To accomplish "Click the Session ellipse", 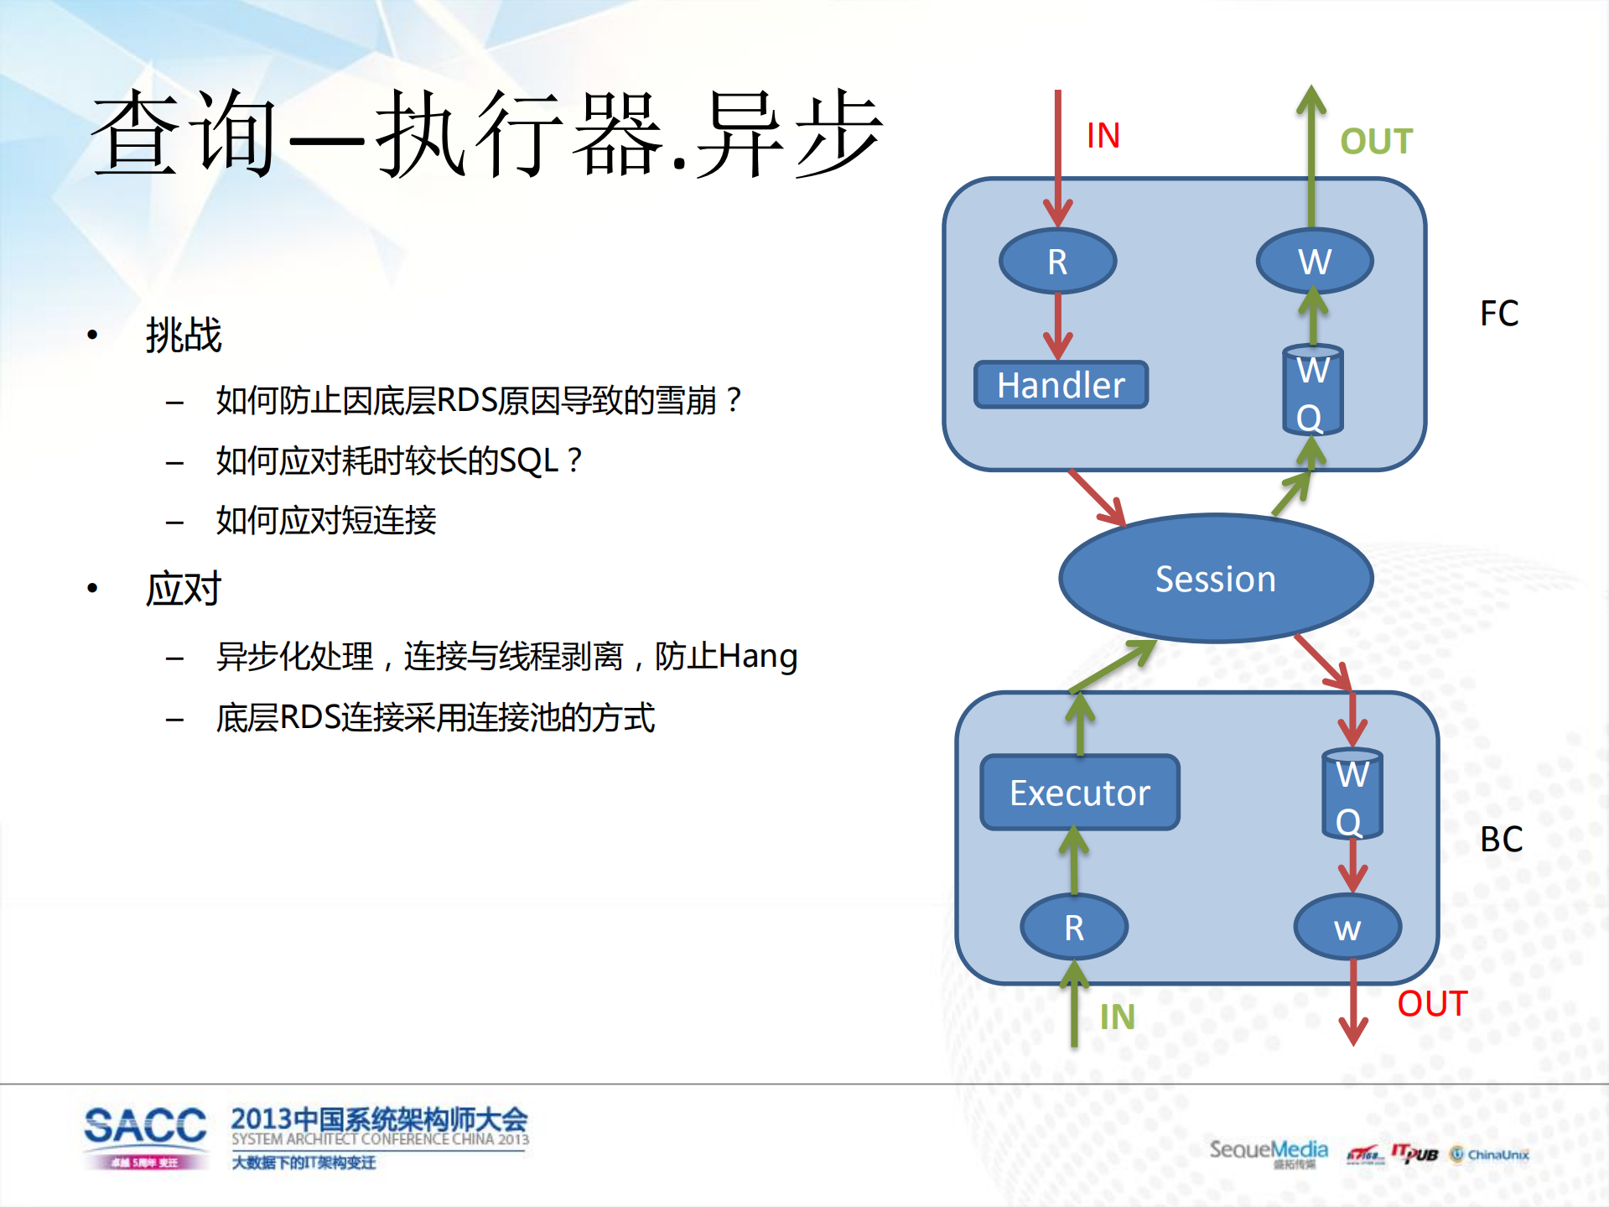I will tap(1215, 579).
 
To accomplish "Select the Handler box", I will tap(1061, 385).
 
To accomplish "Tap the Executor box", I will tap(1080, 793).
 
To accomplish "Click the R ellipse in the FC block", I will tap(1057, 262).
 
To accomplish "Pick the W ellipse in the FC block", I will tap(1314, 262).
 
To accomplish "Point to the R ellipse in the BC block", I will tap(1074, 928).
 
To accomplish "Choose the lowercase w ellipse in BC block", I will tap(1347, 928).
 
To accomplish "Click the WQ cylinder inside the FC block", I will tap(1312, 392).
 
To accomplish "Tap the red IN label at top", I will tap(1103, 136).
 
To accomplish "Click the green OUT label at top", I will tap(1376, 142).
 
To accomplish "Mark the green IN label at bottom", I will tap(1117, 1017).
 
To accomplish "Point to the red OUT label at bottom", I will tap(1431, 1004).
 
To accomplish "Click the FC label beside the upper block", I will tap(1499, 314).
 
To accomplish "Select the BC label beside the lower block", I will tap(1501, 840).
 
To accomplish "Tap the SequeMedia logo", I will tap(1268, 1152).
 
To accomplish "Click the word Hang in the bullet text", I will tap(758, 656).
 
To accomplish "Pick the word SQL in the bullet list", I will tap(528, 460).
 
